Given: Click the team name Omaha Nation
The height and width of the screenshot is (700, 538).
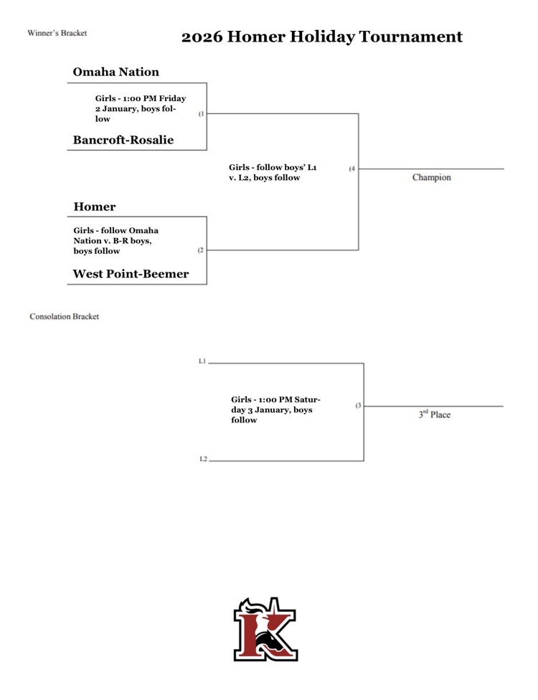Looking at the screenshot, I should point(116,72).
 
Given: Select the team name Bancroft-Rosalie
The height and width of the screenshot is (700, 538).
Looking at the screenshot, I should point(123,140).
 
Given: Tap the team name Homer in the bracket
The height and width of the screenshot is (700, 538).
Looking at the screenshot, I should point(95,207).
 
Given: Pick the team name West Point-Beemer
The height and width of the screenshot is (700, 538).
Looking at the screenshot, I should point(131,274).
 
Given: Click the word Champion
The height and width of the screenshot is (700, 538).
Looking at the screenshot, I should point(431,176).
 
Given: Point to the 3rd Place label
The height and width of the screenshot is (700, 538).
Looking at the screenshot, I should point(435,415).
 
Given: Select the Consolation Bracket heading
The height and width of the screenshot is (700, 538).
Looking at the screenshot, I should point(64,316).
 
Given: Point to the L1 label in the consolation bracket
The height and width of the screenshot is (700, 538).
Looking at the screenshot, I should point(202,361).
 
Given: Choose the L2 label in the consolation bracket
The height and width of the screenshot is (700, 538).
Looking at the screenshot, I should point(203,459).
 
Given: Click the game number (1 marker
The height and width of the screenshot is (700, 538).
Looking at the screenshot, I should point(202,113).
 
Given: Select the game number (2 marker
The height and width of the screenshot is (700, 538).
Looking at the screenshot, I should point(201,250).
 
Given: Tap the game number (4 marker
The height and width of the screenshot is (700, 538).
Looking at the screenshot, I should point(351,169).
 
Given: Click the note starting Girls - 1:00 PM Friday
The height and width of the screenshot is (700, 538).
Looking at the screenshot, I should point(140,108).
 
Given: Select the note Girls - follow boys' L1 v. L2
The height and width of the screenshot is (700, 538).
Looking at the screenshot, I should point(273,172).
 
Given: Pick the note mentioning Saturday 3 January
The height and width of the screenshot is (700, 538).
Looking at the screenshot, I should point(275,410).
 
